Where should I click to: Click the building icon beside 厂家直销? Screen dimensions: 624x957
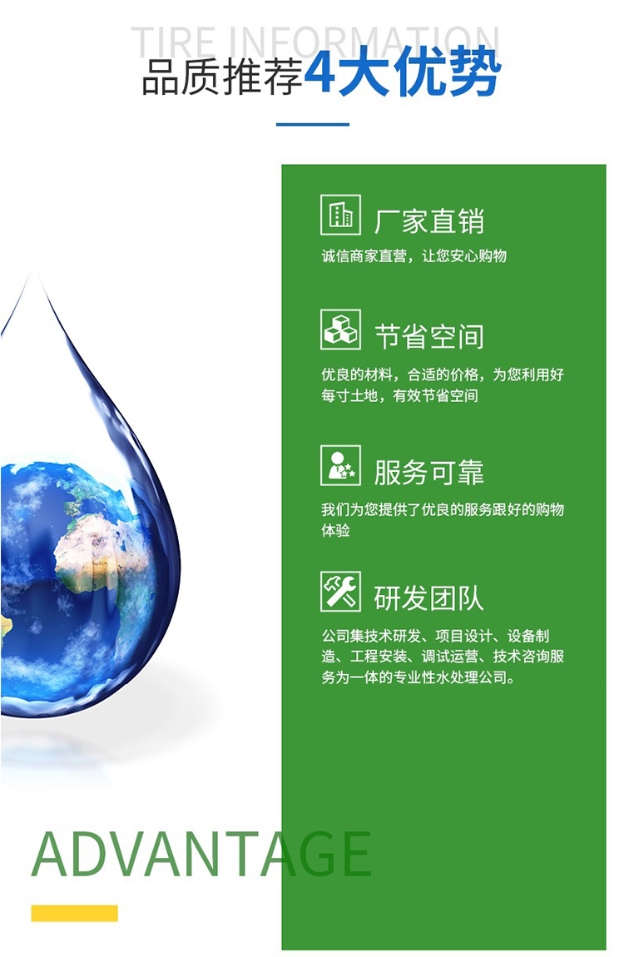[340, 215]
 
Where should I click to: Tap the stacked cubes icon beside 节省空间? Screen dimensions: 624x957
[340, 330]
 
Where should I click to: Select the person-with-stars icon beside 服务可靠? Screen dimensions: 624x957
[340, 466]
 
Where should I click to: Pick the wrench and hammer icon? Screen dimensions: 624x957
[340, 592]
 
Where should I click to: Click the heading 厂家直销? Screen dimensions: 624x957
[429, 221]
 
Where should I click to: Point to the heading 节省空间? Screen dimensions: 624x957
[429, 336]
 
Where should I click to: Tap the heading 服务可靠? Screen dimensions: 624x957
[429, 473]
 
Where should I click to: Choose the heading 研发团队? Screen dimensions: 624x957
[429, 598]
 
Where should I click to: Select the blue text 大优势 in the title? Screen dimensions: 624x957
[419, 73]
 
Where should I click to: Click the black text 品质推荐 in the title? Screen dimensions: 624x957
[223, 77]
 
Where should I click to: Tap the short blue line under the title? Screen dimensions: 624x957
[312, 125]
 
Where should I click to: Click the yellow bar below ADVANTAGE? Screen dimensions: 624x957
[74, 913]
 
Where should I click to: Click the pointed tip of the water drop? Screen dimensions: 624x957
[37, 273]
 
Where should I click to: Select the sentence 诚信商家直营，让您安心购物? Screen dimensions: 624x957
[414, 255]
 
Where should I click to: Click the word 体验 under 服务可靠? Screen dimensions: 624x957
[335, 530]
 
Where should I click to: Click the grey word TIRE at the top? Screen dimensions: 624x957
[173, 42]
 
